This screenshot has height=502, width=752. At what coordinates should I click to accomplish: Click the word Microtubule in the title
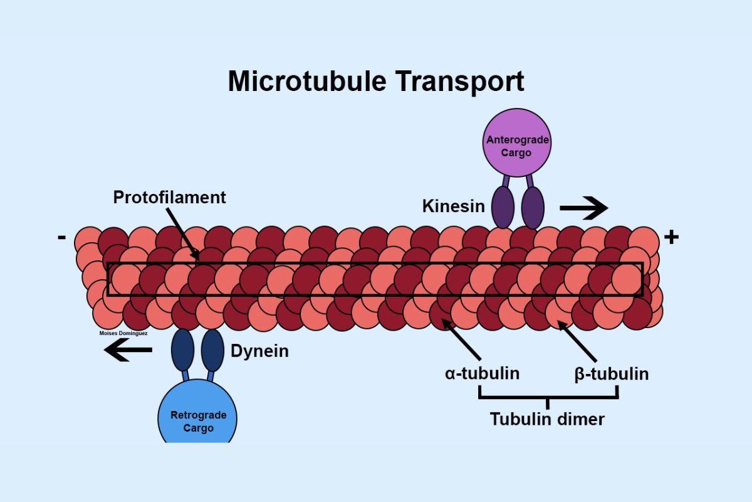pos(303,82)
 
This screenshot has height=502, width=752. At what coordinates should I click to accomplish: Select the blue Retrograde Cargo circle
pos(198,417)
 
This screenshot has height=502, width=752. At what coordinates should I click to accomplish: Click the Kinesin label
pos(454,206)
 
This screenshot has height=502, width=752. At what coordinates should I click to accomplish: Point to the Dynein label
pos(259,351)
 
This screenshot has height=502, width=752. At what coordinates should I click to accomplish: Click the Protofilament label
pos(169,197)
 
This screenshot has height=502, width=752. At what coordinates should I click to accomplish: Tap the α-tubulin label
pos(482,373)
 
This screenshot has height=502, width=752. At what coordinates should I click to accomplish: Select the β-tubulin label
pos(611,374)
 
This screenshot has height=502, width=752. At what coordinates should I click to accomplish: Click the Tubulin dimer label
pos(547,419)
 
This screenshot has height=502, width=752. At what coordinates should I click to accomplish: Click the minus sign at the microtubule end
pos(61,237)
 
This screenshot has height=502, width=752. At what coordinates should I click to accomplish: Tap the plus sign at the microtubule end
pos(671,237)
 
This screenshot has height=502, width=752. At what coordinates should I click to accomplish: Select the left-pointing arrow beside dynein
pos(128,351)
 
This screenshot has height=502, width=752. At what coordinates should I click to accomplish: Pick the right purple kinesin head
pos(533,207)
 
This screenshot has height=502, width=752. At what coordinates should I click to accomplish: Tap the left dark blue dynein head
pos(183,350)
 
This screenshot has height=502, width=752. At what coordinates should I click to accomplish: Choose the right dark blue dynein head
pos(212,350)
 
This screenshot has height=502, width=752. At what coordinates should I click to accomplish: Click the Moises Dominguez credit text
pos(123,333)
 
